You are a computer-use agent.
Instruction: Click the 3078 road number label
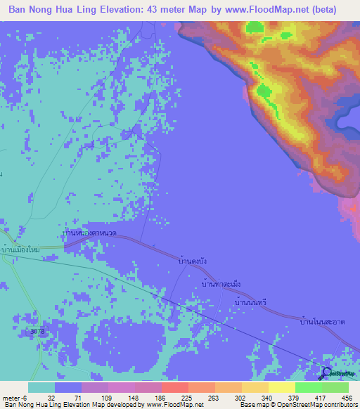(37, 330)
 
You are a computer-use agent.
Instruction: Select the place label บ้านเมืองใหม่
(22, 250)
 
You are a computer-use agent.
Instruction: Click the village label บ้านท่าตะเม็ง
(221, 284)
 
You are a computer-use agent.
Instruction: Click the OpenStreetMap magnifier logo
(327, 373)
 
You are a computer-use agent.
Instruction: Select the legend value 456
(347, 396)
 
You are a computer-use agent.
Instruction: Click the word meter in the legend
(10, 396)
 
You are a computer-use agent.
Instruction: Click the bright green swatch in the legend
(308, 387)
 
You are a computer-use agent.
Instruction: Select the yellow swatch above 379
(281, 387)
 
